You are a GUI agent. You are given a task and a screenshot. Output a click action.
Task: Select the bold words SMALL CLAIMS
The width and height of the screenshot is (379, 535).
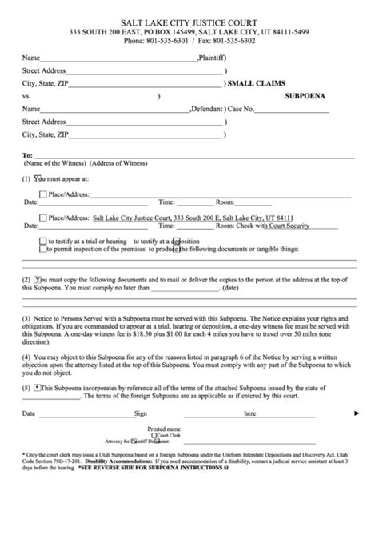click(260, 82)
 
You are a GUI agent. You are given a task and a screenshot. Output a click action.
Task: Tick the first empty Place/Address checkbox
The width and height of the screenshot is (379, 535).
click(42, 194)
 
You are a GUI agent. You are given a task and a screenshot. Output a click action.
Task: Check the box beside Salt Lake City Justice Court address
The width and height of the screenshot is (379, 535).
click(42, 217)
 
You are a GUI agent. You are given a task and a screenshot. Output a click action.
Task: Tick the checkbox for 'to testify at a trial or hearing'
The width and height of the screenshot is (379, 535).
click(42, 241)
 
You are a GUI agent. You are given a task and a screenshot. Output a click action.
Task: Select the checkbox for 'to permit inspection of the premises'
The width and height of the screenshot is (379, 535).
click(42, 250)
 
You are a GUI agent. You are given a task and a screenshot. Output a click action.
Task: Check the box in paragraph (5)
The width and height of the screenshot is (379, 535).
click(38, 386)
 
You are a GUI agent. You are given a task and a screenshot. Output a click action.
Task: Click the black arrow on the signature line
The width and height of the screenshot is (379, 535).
click(357, 414)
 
